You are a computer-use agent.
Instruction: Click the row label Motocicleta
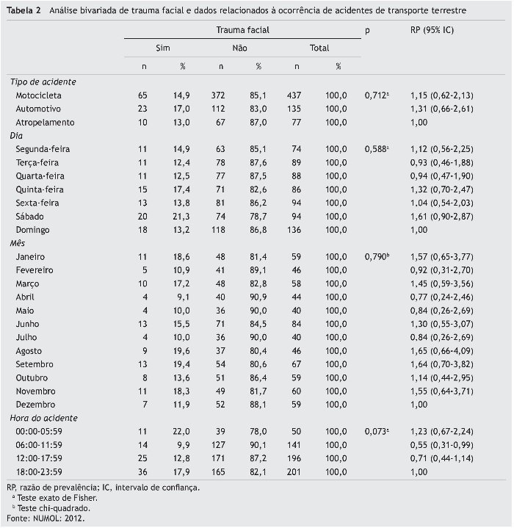tap(38, 95)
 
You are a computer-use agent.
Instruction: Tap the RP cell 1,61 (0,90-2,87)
tap(441, 216)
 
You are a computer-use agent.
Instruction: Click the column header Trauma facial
tap(242, 30)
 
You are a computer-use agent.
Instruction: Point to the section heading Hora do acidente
tap(44, 418)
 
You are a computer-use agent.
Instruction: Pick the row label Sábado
tap(30, 216)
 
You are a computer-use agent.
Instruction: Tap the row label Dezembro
tap(36, 405)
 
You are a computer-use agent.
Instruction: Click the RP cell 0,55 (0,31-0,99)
tap(441, 444)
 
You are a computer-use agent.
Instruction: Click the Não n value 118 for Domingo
tap(220, 230)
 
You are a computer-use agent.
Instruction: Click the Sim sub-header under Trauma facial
tap(162, 48)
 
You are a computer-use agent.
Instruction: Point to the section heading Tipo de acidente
tap(43, 82)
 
